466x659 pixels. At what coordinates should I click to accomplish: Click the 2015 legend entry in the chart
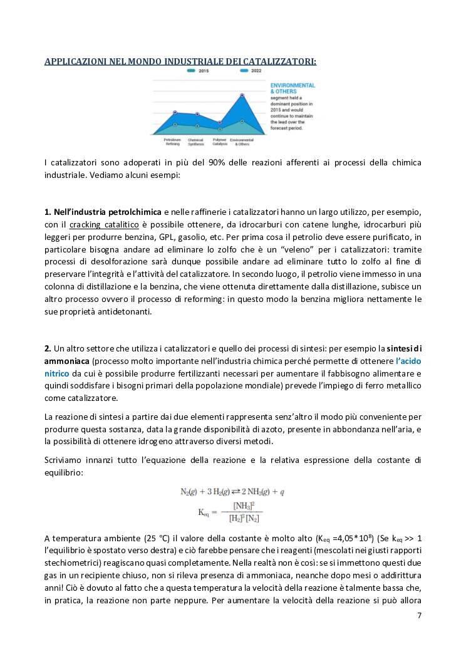(x=200, y=71)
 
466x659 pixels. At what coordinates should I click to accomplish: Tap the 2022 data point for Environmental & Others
(x=242, y=95)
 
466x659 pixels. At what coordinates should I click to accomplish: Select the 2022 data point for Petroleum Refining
(x=175, y=112)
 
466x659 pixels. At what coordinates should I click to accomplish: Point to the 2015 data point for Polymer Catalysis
(x=220, y=129)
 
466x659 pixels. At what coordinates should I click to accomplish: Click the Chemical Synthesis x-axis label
(x=196, y=142)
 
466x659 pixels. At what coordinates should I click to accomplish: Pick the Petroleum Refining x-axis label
(x=172, y=142)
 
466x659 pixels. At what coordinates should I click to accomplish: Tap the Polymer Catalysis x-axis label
(x=219, y=142)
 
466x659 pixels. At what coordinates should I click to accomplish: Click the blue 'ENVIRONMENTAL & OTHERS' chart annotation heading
(x=292, y=88)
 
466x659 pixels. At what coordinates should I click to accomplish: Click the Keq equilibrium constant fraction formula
(x=231, y=512)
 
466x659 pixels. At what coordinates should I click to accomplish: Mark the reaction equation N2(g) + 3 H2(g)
(x=232, y=492)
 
